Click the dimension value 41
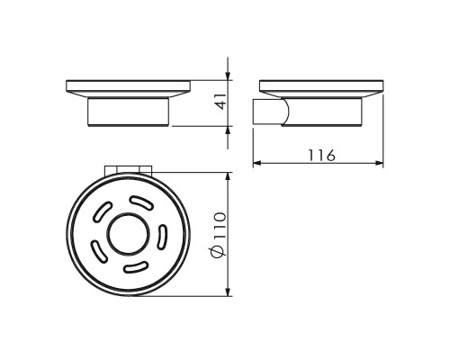coord(221,102)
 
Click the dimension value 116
coord(321,155)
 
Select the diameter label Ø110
coord(219,235)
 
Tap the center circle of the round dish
coord(128,235)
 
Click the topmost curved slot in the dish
coord(141,202)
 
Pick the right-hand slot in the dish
coord(162,237)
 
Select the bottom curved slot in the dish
coord(136,267)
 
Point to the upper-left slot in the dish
coord(103,211)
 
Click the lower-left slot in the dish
coord(99,252)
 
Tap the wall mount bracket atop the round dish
coord(129,170)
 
